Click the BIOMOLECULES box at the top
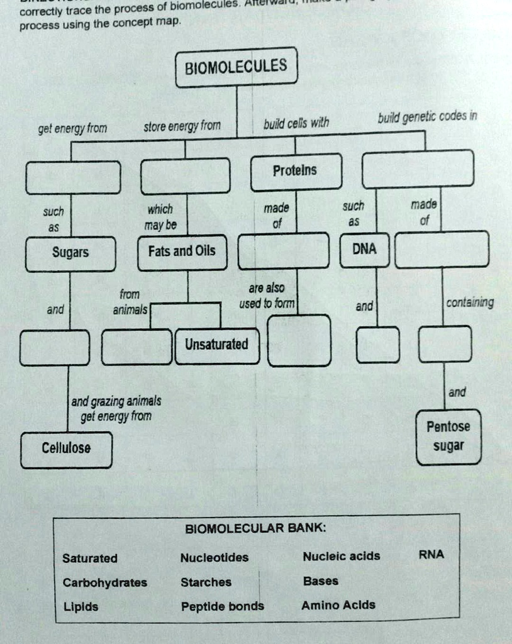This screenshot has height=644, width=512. tap(236, 66)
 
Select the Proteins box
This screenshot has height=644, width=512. tap(296, 171)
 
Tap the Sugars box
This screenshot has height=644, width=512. tap(70, 253)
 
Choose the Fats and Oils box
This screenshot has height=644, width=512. tap(181, 252)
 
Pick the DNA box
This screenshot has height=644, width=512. tap(365, 249)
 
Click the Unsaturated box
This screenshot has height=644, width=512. tap(216, 345)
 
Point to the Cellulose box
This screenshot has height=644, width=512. tap(66, 449)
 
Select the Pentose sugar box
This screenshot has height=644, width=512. tap(448, 436)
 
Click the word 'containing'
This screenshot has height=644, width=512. tap(469, 303)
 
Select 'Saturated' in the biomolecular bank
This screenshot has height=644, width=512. tap(90, 558)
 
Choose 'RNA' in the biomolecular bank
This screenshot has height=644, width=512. tap(431, 554)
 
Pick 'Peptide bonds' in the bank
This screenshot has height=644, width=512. tap(223, 607)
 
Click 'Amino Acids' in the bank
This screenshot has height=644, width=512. tap(338, 605)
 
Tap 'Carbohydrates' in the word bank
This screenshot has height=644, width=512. tap(105, 582)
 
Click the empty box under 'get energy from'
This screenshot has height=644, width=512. tap(73, 177)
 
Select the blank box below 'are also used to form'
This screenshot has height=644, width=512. tap(299, 340)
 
